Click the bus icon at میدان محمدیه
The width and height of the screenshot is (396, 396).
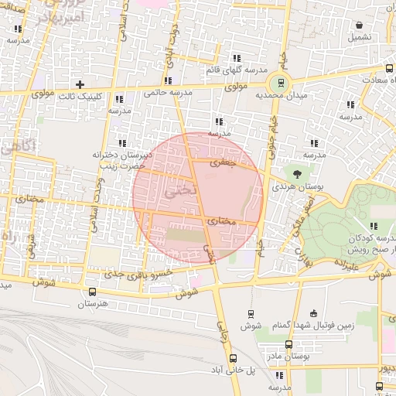tap(280, 82)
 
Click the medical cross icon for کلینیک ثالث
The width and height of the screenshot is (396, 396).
tap(79, 84)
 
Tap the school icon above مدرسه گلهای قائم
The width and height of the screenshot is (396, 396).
tap(237, 58)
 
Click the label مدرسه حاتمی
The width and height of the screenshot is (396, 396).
tap(167, 93)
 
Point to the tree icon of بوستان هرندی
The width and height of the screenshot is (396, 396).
tap(295, 171)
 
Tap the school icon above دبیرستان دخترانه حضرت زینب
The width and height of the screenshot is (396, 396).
tap(121, 143)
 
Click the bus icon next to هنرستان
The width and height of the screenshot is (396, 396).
tap(93, 292)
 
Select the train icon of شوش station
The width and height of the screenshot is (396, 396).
tap(250, 313)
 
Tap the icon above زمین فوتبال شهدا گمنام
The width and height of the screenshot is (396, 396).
tap(313, 313)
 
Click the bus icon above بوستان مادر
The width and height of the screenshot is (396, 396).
tap(288, 344)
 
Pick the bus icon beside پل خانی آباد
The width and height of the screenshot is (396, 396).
tap(233, 358)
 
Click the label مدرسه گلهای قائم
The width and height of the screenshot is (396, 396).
tap(237, 70)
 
